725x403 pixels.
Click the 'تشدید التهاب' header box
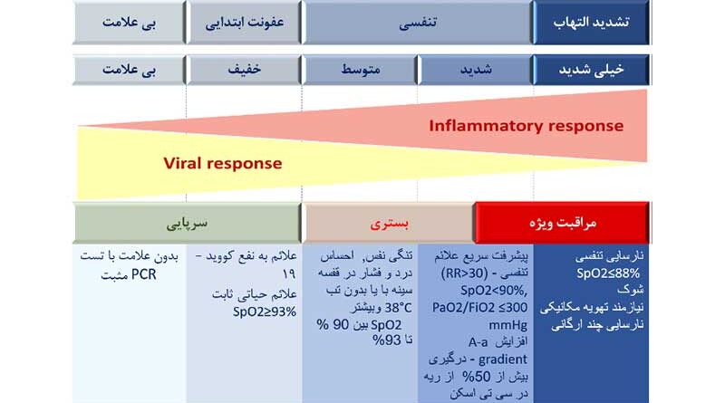click(592, 22)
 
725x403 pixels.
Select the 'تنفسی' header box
click(418, 22)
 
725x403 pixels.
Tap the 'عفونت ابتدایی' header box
click(244, 22)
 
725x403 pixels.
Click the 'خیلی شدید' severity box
click(592, 70)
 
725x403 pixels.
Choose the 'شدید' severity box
click(475, 70)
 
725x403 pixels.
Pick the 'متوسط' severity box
click(360, 70)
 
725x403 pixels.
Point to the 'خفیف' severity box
click(244, 70)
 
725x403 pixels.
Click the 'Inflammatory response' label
click(527, 126)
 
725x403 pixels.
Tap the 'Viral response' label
click(222, 163)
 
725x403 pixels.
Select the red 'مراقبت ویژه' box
click(562, 223)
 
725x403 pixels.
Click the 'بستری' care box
click(389, 223)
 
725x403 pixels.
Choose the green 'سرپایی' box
click(187, 223)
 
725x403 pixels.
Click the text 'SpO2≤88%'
click(608, 273)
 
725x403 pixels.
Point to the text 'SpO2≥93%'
click(265, 312)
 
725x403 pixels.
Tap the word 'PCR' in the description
click(144, 274)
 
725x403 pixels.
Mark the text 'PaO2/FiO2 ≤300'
click(479, 308)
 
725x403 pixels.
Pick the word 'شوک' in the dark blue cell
click(630, 290)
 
